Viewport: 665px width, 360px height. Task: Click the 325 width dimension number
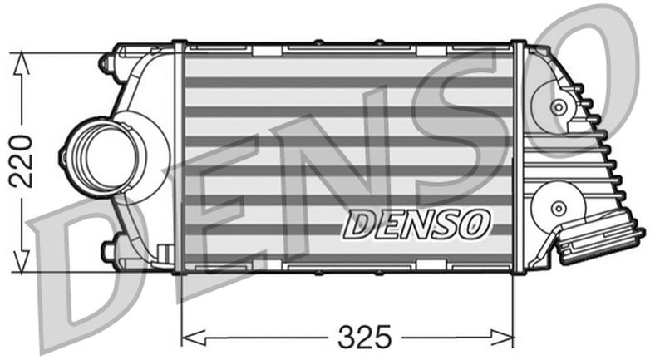363,337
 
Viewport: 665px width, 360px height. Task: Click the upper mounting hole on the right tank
558,107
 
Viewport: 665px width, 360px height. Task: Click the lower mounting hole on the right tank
557,207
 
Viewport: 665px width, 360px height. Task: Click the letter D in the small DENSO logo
359,222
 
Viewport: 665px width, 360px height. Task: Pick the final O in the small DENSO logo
477,222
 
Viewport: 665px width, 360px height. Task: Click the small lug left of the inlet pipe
64,155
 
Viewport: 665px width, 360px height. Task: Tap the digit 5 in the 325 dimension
382,337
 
